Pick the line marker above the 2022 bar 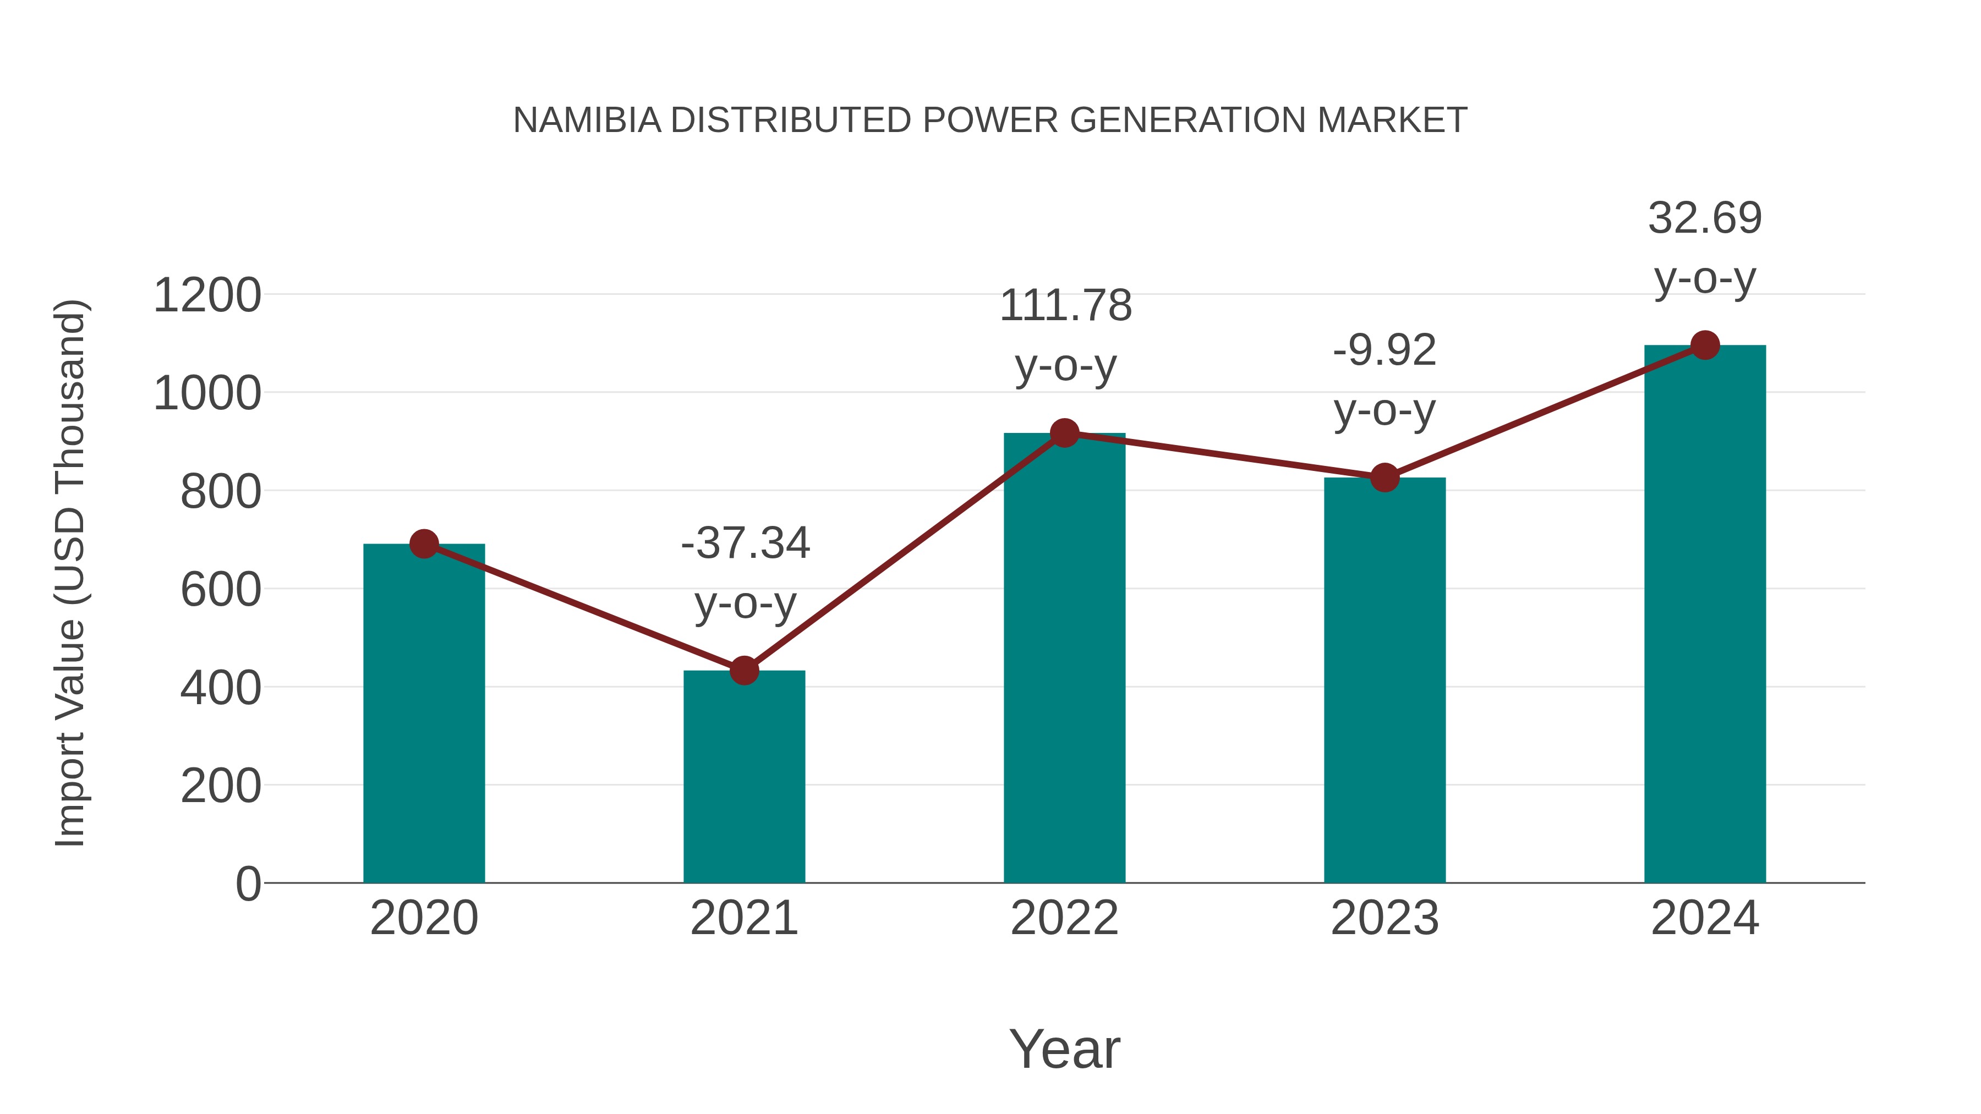1064,433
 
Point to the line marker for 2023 1384,478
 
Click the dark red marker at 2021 743,671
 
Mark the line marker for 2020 424,544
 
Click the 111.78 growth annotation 1065,305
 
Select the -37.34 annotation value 745,543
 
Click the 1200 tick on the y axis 207,295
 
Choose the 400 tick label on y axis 221,688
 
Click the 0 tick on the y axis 248,884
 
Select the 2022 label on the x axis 1064,918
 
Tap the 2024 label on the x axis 1705,918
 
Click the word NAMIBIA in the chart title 587,120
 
